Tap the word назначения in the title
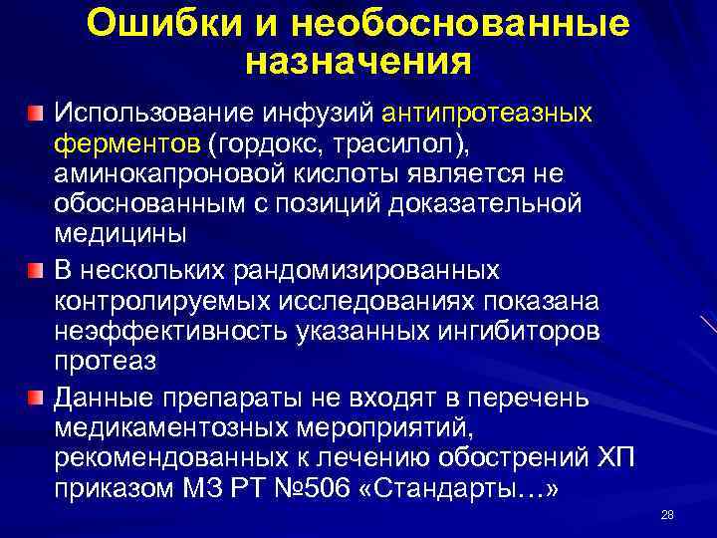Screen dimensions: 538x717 coord(358,63)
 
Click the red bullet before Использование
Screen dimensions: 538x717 coord(36,111)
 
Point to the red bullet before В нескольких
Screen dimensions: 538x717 coord(36,271)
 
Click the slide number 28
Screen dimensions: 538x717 coord(667,515)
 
